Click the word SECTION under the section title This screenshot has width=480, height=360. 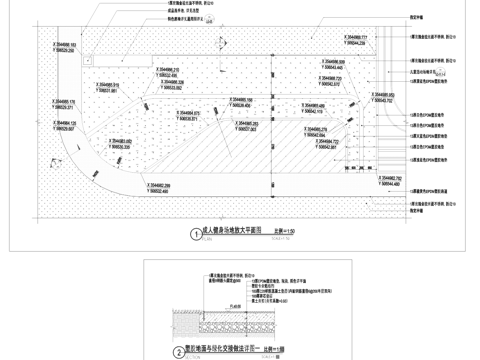(x=181, y=358)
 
